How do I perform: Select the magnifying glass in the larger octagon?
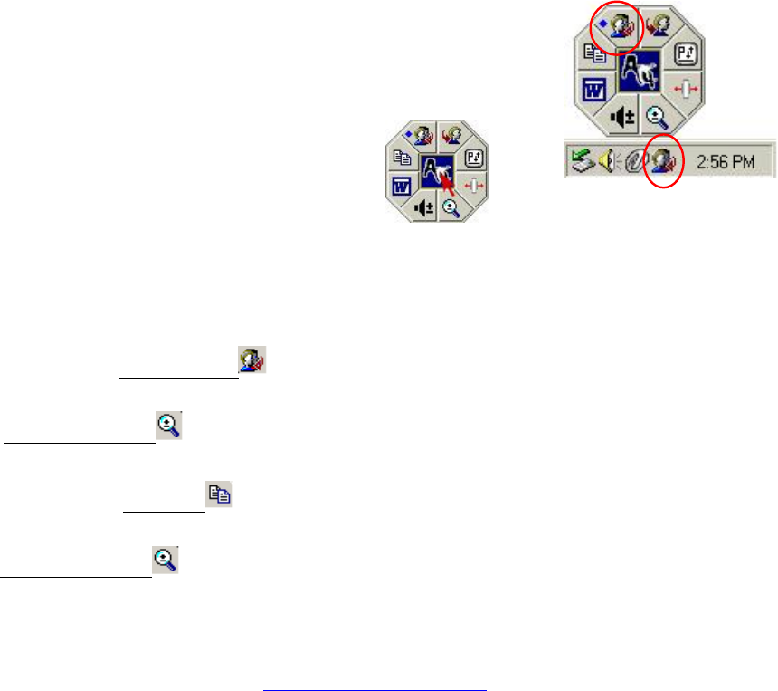[x=658, y=118]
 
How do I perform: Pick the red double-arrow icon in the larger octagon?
[x=688, y=91]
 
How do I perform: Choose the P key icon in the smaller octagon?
[x=474, y=158]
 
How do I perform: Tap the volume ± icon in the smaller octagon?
[x=423, y=207]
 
